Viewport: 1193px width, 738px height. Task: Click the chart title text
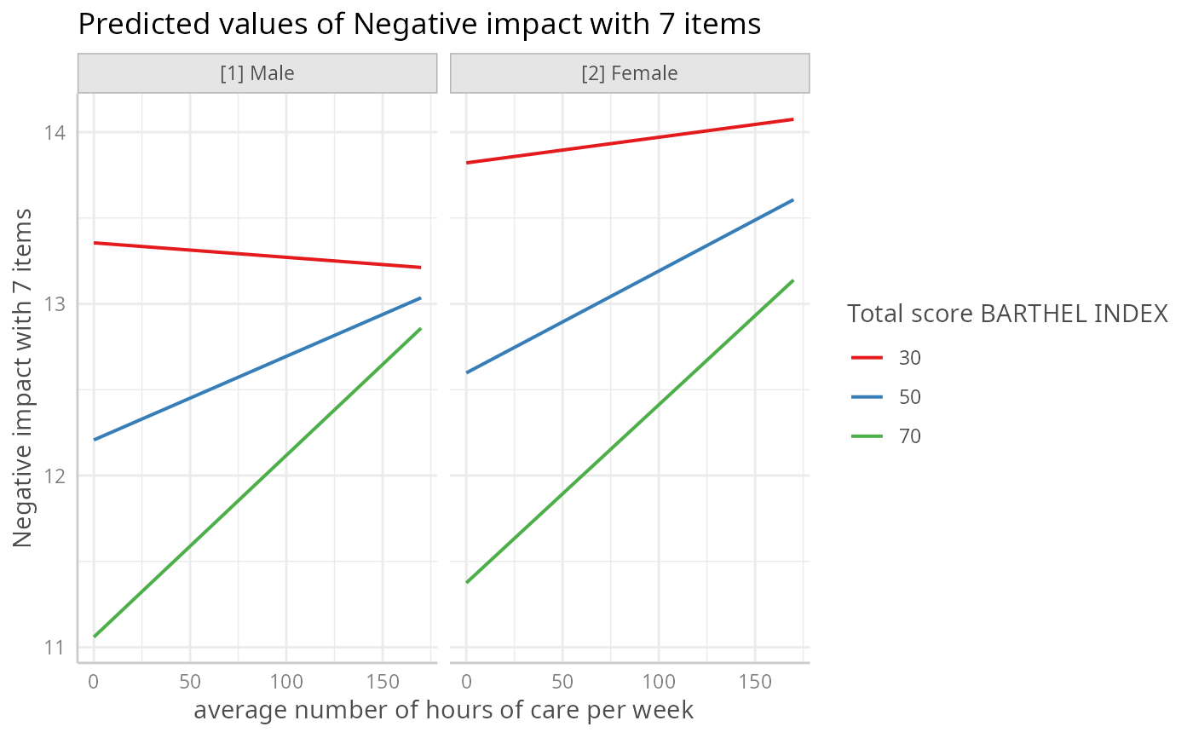(418, 25)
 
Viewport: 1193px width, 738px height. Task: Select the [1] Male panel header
(256, 73)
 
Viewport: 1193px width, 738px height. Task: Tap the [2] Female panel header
(629, 73)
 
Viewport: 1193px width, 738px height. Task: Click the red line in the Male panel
(256, 255)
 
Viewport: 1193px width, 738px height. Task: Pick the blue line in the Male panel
(256, 369)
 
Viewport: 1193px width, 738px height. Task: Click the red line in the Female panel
(631, 141)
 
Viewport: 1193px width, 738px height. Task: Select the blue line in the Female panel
(631, 286)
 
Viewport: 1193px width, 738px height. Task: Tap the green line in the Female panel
(631, 430)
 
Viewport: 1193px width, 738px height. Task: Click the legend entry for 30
(886, 358)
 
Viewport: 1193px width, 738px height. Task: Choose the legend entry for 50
(886, 397)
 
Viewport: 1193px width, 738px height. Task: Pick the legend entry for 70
(886, 436)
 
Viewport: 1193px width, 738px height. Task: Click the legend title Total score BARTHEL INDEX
(1007, 314)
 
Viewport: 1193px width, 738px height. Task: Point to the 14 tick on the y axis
(57, 132)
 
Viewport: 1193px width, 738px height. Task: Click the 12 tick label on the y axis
(57, 476)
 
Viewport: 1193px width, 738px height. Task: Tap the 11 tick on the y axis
(57, 647)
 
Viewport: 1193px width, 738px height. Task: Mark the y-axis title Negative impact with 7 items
(24, 378)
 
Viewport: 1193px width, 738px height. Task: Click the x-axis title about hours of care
(443, 710)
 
